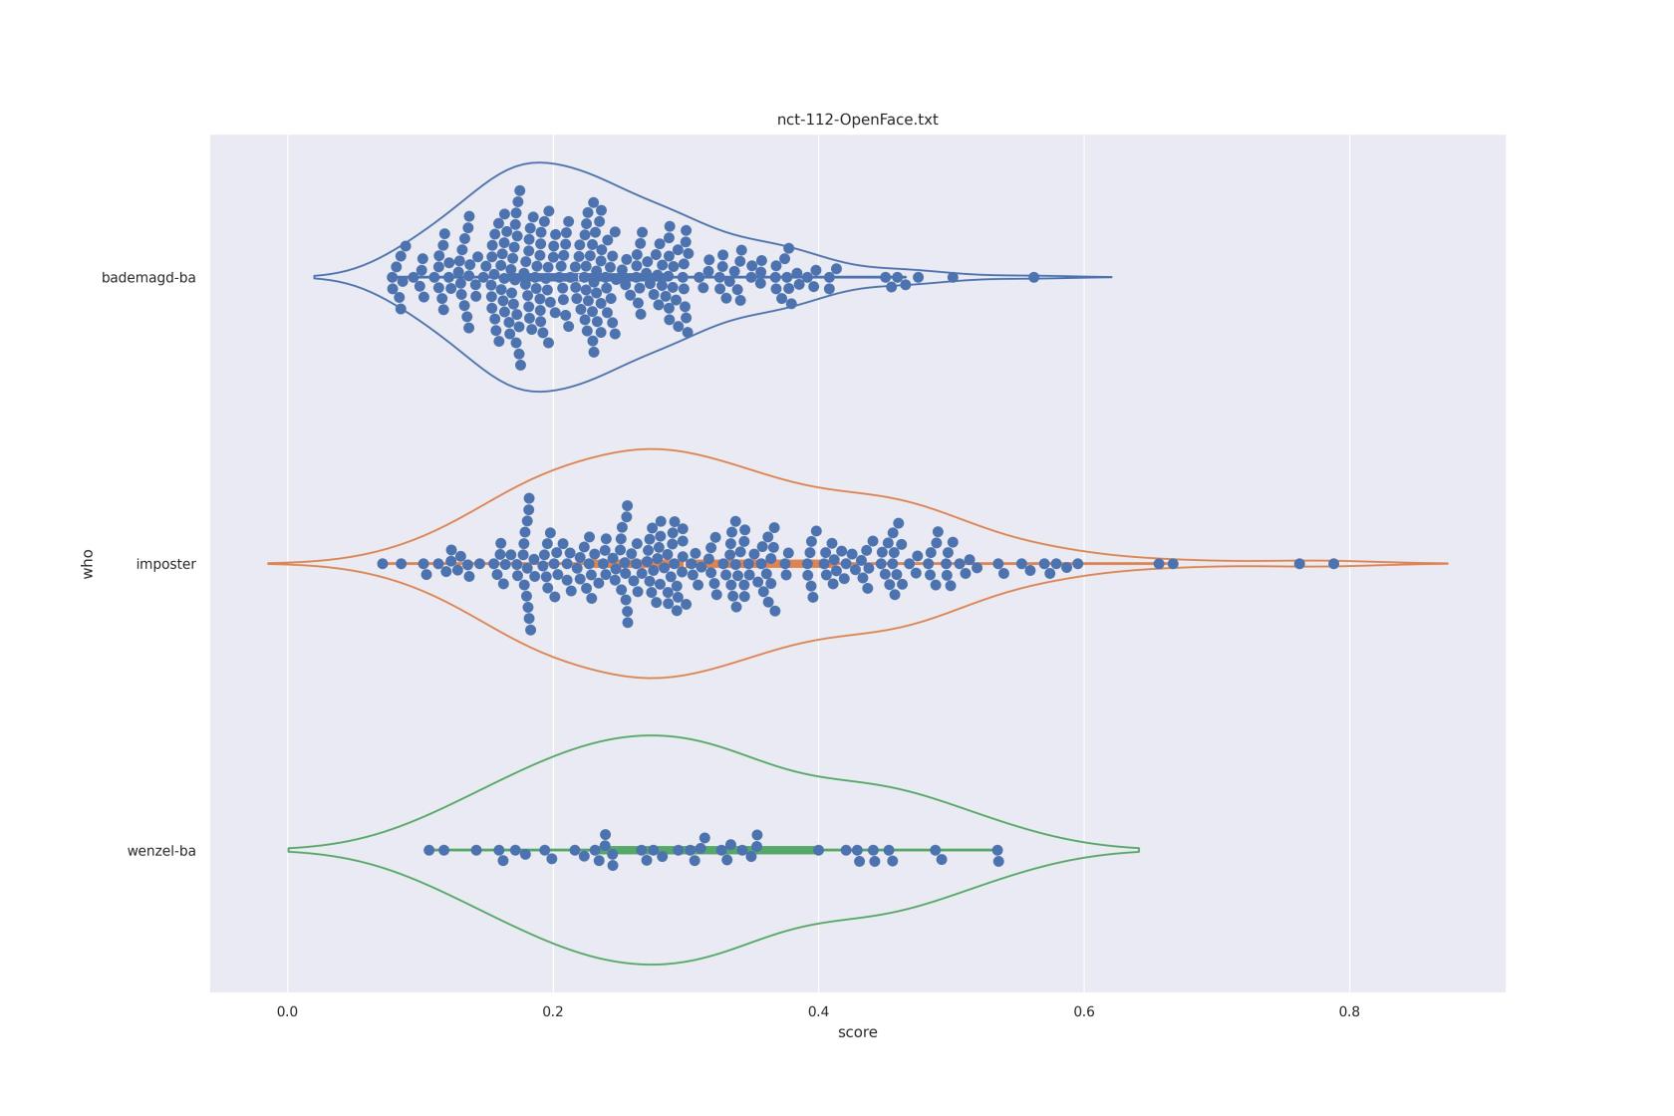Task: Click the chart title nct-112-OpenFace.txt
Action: click(857, 120)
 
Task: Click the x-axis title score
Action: click(857, 1032)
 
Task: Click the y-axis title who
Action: click(88, 563)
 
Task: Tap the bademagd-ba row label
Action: click(148, 278)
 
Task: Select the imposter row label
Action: click(165, 564)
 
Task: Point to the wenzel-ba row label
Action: click(161, 851)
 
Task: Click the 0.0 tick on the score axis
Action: click(287, 1011)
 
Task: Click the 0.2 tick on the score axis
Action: click(553, 1011)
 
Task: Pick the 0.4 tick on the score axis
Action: click(818, 1011)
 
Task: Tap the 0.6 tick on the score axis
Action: click(1084, 1011)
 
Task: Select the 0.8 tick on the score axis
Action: click(1349, 1011)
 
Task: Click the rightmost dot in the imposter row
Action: click(1333, 564)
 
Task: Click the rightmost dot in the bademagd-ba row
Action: click(1033, 277)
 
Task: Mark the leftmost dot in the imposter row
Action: click(382, 564)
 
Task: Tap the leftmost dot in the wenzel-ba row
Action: click(428, 850)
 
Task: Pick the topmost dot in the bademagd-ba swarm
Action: click(519, 190)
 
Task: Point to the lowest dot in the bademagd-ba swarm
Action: click(520, 365)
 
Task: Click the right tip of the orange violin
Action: click(1447, 564)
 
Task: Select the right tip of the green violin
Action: click(1138, 850)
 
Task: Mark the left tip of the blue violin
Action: click(315, 277)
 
